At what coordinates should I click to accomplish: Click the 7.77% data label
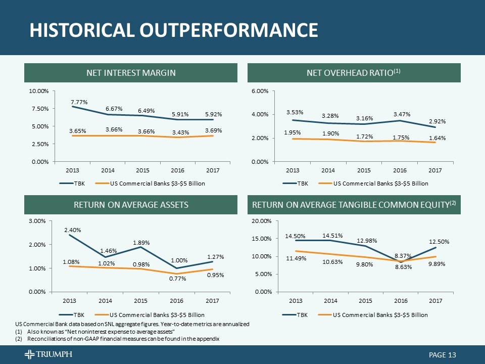(79, 102)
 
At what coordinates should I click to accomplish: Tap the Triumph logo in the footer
(48, 355)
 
